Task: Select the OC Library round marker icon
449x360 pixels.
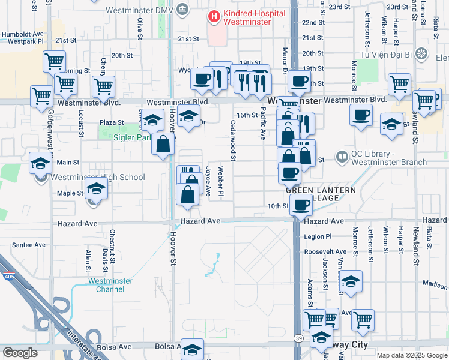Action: (342, 157)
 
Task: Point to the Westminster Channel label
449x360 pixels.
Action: (106, 285)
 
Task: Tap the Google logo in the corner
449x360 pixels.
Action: (20, 353)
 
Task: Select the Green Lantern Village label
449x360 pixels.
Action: (320, 194)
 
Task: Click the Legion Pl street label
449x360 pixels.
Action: (318, 236)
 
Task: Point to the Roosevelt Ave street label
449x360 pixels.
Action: (326, 253)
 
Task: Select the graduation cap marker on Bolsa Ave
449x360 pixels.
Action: (192, 349)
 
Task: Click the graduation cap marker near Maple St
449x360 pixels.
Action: (95, 189)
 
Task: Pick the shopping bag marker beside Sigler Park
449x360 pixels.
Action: (163, 144)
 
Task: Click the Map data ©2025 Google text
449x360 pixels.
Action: (411, 355)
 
